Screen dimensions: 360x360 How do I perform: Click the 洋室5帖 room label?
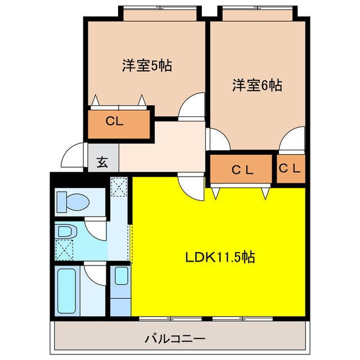click(x=147, y=65)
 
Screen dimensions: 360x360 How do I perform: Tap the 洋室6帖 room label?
click(x=257, y=85)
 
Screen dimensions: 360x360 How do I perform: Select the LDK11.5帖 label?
click(x=220, y=257)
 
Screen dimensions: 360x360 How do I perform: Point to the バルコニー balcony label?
click(x=175, y=339)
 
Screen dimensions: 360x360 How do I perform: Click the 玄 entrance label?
click(x=102, y=163)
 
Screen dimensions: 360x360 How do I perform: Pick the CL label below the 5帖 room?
click(x=115, y=121)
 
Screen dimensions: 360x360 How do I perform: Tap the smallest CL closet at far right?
click(x=290, y=168)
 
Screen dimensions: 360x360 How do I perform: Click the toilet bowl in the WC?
click(x=73, y=202)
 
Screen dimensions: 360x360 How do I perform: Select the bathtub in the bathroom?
click(x=66, y=291)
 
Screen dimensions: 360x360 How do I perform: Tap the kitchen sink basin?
click(x=121, y=276)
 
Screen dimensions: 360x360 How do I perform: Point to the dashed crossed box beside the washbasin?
click(x=64, y=250)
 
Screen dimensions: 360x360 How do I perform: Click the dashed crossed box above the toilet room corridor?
click(x=119, y=187)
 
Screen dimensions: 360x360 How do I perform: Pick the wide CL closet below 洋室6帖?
click(x=241, y=169)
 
